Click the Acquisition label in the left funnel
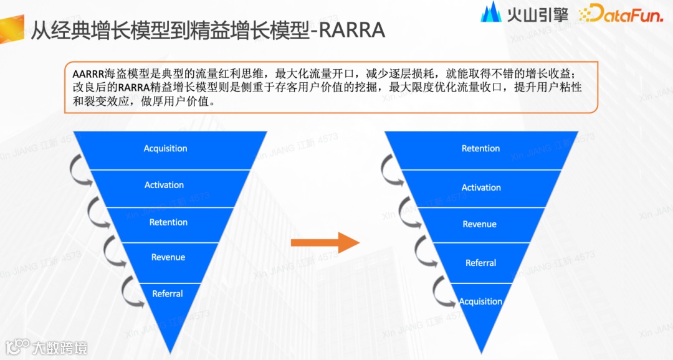coord(165,148)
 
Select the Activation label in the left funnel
coord(164,185)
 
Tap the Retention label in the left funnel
coord(168,222)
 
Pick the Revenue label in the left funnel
coord(168,257)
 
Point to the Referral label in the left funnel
coord(167,294)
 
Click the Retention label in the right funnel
coord(480,148)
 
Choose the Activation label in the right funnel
coord(480,187)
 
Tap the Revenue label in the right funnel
coord(479,224)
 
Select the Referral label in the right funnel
coord(480,263)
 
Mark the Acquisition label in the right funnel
coord(480,301)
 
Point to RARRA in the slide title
coord(350,29)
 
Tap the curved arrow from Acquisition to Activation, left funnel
coord(80,169)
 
